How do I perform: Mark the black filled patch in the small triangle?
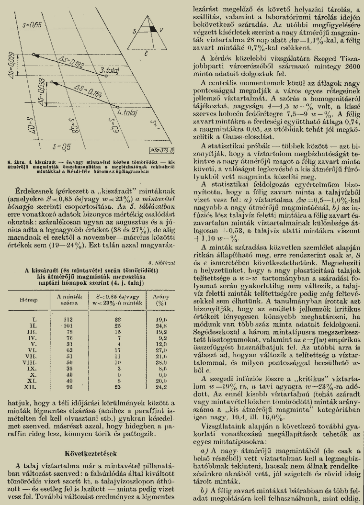[153, 30]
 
